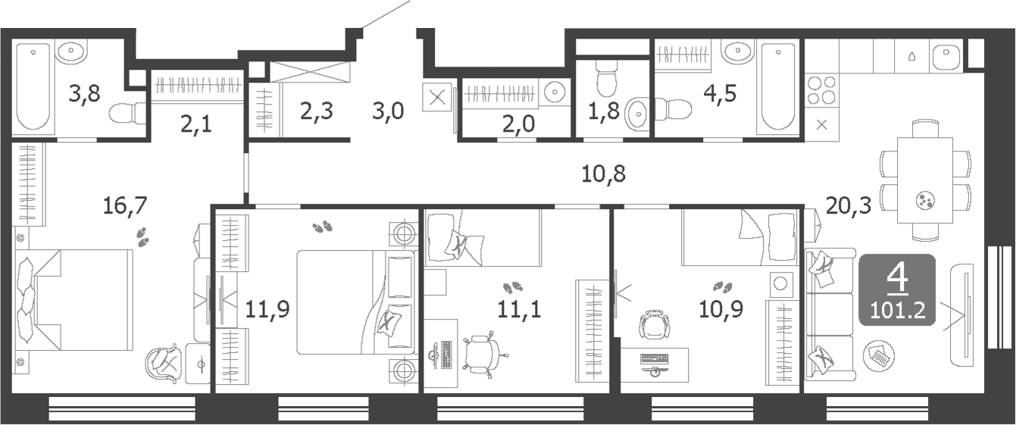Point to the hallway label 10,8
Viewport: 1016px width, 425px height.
[603, 174]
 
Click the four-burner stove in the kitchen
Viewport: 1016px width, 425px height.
[821, 90]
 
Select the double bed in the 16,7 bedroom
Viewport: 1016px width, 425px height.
[76, 300]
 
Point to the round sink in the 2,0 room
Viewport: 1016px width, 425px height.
[555, 91]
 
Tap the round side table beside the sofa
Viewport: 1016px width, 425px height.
[878, 354]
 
